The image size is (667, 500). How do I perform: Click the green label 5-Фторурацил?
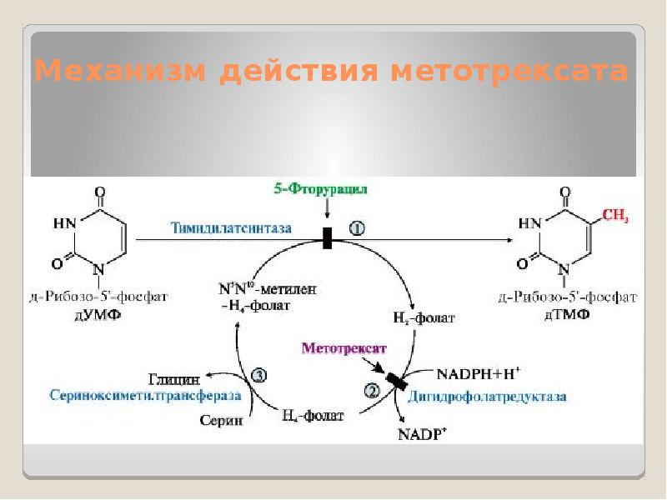(x=321, y=189)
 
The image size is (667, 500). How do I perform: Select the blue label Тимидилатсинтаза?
(x=232, y=227)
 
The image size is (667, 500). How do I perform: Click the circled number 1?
(x=356, y=227)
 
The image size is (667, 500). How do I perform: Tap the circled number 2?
(x=372, y=389)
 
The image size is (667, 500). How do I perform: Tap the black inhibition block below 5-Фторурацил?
(x=327, y=239)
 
